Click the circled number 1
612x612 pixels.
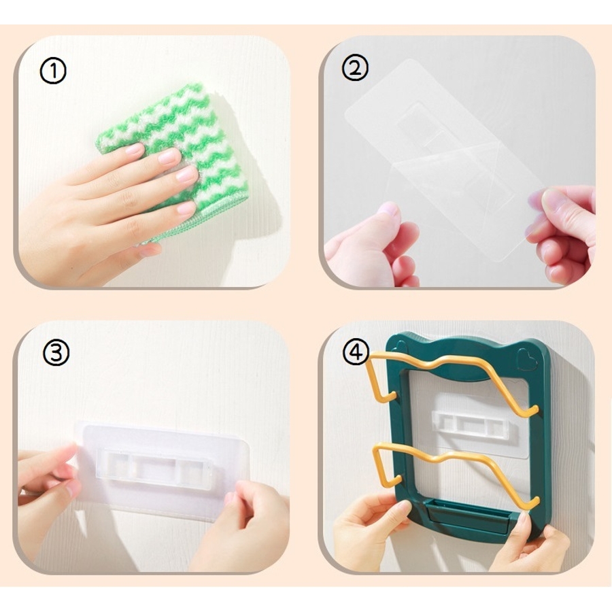(53, 71)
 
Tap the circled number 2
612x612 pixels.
(355, 67)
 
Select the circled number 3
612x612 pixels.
(56, 352)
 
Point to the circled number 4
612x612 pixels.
(356, 352)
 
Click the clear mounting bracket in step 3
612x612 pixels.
(154, 468)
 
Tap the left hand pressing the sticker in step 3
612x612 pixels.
(49, 480)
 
